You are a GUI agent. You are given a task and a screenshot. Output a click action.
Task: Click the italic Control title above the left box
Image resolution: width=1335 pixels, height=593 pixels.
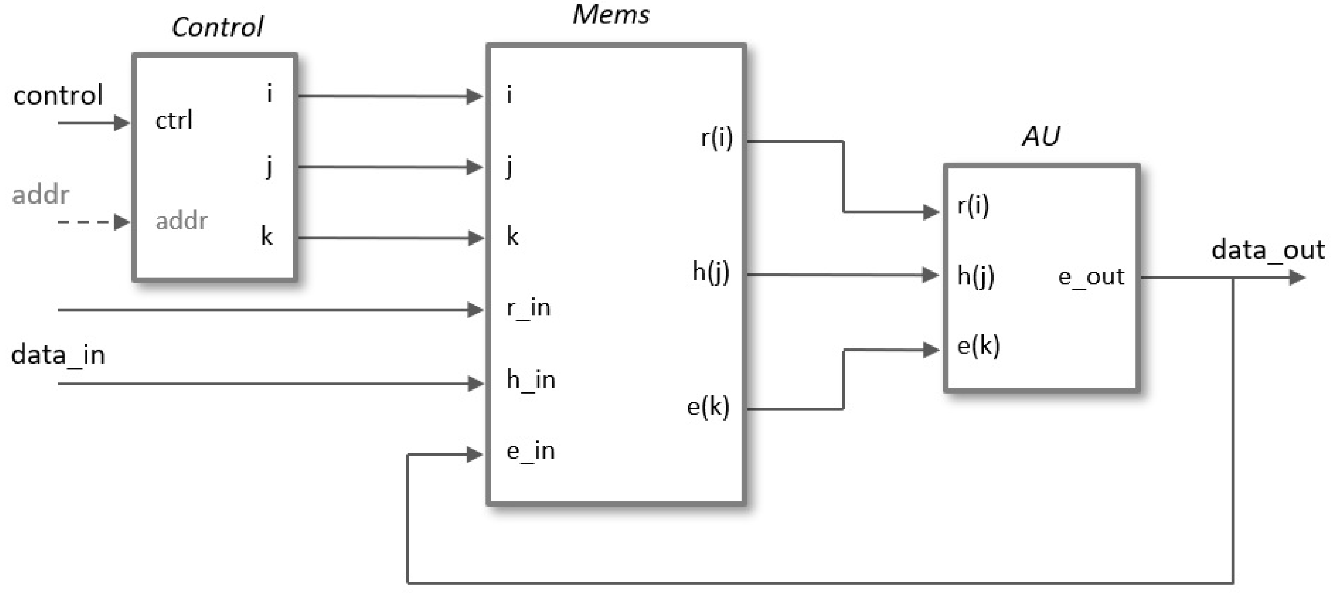[x=217, y=27]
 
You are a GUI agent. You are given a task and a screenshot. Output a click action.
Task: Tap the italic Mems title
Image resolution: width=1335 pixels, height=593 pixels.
[x=610, y=15]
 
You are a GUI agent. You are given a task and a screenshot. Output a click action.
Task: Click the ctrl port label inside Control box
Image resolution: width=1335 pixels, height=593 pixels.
[x=174, y=121]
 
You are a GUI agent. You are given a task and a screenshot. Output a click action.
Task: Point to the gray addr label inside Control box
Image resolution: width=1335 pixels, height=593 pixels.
[x=181, y=221]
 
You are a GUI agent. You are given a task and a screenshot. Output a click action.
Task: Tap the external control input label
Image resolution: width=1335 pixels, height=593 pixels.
[x=58, y=95]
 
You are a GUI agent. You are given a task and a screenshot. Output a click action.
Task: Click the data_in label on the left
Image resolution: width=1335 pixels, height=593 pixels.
[x=58, y=356]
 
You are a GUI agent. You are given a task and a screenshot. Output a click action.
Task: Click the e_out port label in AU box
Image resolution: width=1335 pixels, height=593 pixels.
[x=1091, y=277]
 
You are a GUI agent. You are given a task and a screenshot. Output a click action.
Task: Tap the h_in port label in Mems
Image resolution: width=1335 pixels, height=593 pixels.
[x=531, y=380]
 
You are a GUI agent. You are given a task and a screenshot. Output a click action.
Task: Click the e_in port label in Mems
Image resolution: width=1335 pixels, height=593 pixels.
[x=530, y=451]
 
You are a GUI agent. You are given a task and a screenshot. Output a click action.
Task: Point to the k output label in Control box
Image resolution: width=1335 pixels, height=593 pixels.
[x=266, y=237]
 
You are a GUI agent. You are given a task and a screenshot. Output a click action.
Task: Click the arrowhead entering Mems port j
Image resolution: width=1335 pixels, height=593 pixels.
[x=475, y=167]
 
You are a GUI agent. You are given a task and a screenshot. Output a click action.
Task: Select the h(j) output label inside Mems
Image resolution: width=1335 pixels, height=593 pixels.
[x=711, y=272]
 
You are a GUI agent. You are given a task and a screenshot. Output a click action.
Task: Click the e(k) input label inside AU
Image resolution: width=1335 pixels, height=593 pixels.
[x=978, y=346]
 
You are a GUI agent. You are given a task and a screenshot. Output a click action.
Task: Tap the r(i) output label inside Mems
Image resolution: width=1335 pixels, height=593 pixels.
[x=716, y=138]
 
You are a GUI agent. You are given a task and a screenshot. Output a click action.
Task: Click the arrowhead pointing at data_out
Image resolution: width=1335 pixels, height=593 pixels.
[x=1297, y=278]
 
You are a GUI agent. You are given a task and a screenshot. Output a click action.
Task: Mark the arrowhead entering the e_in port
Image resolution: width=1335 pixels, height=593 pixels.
[x=475, y=455]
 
